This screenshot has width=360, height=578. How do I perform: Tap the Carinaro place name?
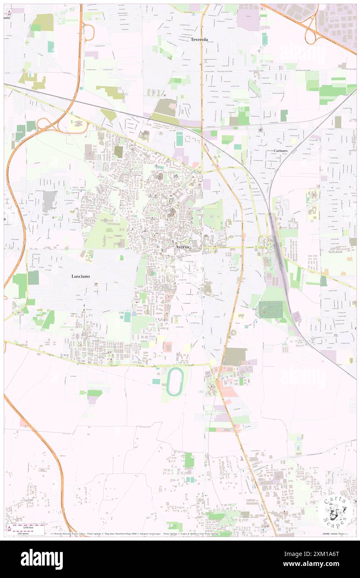pos(281,151)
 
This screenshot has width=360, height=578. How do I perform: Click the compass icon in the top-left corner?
pos(10,12)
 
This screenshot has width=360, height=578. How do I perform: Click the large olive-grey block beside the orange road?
pos(235,356)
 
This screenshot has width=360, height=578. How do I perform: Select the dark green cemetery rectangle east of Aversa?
pos(270,310)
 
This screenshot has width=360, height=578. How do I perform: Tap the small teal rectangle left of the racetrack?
pos(156,381)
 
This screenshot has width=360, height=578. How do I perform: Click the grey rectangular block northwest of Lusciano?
pos(49,200)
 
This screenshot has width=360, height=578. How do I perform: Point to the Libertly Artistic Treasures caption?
pos(335,533)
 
